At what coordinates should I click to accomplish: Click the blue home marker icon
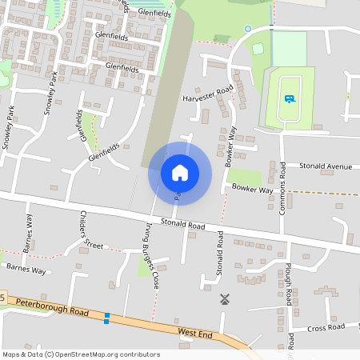pyautogui.click(x=180, y=172)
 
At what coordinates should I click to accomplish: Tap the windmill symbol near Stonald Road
pyautogui.click(x=225, y=299)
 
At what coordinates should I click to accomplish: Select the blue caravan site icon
pyautogui.click(x=288, y=99)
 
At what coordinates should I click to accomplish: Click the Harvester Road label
pyautogui.click(x=207, y=94)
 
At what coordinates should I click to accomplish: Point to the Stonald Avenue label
pyautogui.click(x=326, y=166)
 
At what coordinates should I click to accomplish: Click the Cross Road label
pyautogui.click(x=326, y=326)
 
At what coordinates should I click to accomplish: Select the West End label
pyautogui.click(x=194, y=331)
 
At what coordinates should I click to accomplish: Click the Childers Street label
pyautogui.click(x=91, y=230)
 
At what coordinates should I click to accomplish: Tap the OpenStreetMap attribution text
pyautogui.click(x=81, y=354)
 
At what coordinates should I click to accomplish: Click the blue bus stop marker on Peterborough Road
pyautogui.click(x=106, y=318)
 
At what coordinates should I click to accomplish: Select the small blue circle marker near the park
pyautogui.click(x=247, y=29)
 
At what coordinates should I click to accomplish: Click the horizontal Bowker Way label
pyautogui.click(x=253, y=190)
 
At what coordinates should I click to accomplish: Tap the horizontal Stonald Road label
pyautogui.click(x=182, y=225)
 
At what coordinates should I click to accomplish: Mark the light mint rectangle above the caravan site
pyautogui.click(x=290, y=48)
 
